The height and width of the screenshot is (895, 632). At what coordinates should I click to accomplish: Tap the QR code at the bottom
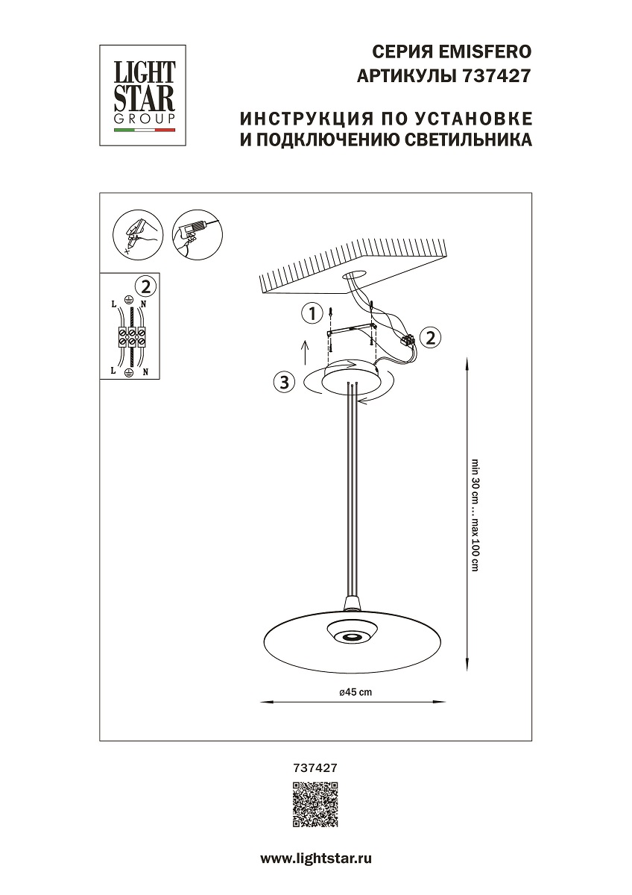[x=315, y=805]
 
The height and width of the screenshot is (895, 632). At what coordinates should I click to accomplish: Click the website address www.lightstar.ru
[x=315, y=858]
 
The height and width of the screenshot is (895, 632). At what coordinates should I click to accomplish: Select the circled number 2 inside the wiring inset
[x=146, y=285]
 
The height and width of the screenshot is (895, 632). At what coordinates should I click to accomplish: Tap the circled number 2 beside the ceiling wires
[x=429, y=337]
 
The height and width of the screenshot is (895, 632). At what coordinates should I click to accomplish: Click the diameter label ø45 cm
[x=355, y=692]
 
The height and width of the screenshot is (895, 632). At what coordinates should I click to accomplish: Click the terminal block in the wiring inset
[x=132, y=336]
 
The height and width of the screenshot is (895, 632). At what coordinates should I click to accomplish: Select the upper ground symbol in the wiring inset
[x=129, y=300]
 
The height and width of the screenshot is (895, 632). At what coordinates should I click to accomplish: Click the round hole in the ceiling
[x=355, y=276]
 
